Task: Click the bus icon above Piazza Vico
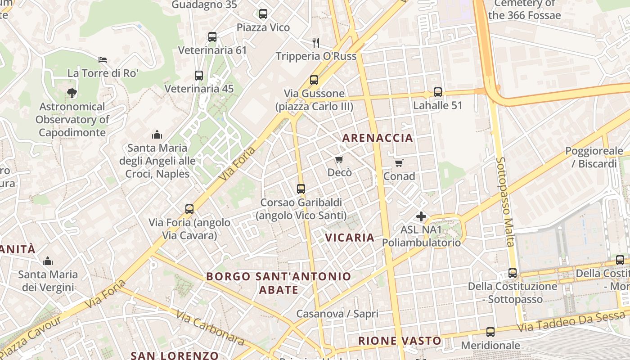point(263,14)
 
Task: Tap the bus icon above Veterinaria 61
point(212,37)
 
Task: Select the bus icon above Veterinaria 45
point(199,76)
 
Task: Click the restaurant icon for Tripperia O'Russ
point(316,43)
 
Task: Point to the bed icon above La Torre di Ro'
point(103,59)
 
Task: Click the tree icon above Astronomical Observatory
point(72,93)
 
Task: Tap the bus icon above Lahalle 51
point(438,92)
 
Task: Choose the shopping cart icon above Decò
point(339,159)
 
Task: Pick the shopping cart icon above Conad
point(399,163)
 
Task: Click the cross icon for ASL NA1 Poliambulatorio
point(421,217)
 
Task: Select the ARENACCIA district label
point(378,138)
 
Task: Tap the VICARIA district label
point(350,238)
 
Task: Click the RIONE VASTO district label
point(400,341)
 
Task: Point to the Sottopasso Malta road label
point(505,202)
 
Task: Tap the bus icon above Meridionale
point(490,332)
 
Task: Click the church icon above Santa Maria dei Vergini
point(48,261)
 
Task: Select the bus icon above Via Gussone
point(314,80)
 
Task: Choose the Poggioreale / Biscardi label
point(594,157)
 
